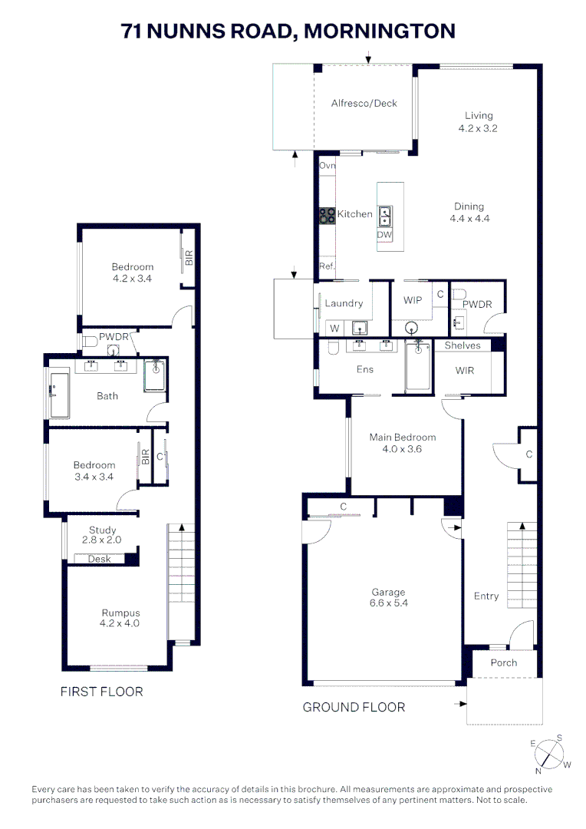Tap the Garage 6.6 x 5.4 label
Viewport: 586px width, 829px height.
pos(389,598)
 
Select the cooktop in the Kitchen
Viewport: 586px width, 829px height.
pos(328,216)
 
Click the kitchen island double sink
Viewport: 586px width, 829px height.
pos(385,216)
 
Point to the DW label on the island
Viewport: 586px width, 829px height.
pos(385,235)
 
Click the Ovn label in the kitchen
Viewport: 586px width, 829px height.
pos(328,166)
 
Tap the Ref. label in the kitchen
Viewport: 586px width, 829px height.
pos(327,266)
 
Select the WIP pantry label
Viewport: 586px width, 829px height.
pos(413,300)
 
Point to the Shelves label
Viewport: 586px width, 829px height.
pos(463,345)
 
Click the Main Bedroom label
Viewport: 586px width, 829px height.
pos(402,443)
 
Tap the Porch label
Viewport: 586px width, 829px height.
pos(504,662)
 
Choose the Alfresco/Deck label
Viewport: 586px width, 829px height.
pos(364,103)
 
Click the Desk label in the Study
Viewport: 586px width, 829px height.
pos(99,559)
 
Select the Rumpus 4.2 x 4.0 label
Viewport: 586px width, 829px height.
pos(120,618)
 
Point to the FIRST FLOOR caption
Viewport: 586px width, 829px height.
pos(101,692)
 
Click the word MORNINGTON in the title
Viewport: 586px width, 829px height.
pos(380,31)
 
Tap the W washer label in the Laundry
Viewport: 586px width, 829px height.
pos(334,329)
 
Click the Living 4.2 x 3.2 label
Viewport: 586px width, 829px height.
pos(478,122)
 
